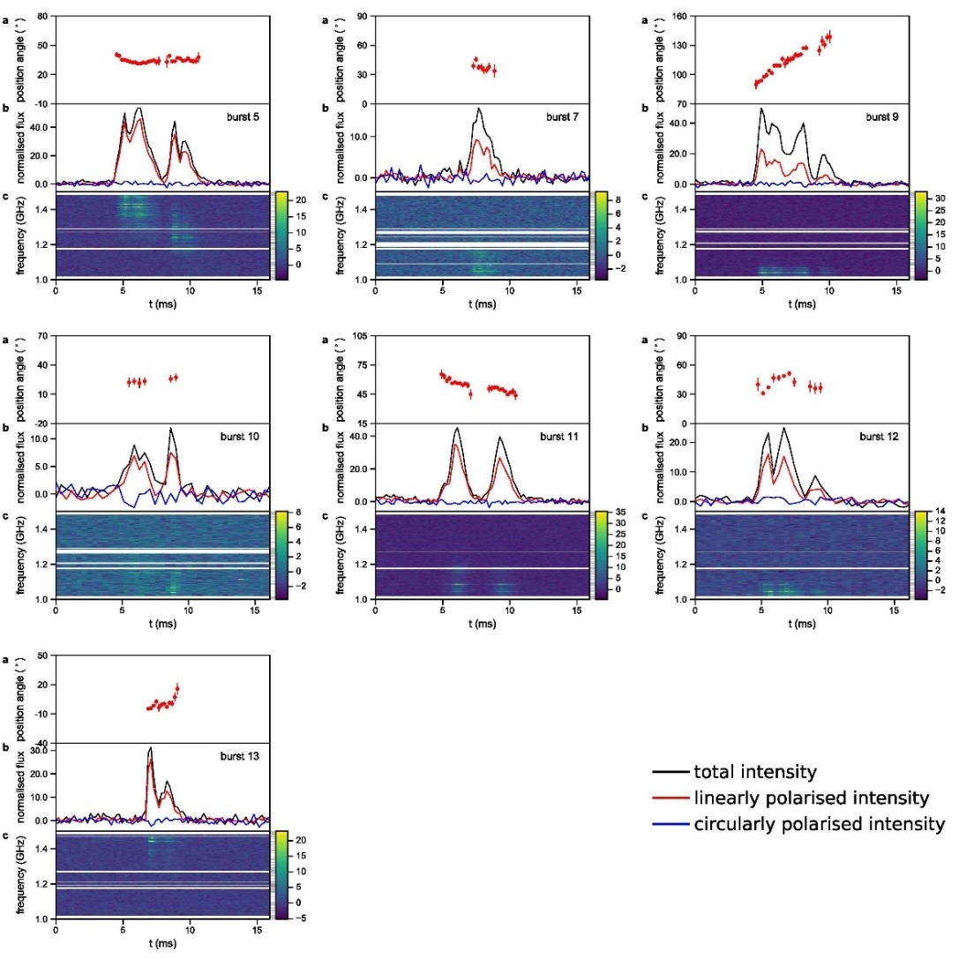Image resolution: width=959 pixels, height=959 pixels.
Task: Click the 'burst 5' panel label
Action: tap(240, 116)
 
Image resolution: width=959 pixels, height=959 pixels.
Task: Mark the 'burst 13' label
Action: tap(241, 756)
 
